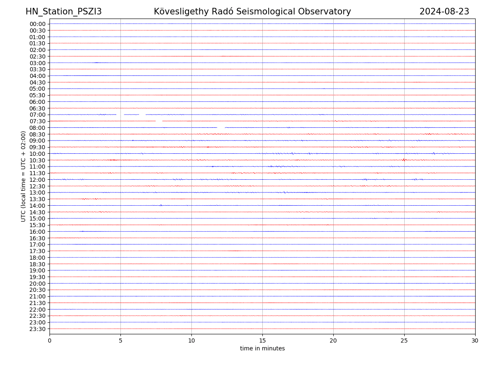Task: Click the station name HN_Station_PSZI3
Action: (x=64, y=12)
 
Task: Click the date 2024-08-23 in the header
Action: (x=444, y=12)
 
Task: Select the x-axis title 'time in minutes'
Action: (x=262, y=349)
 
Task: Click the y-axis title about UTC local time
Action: (x=24, y=176)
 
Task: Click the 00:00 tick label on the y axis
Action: (x=37, y=24)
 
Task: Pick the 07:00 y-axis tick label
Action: (x=37, y=115)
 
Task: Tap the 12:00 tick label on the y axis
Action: (x=37, y=180)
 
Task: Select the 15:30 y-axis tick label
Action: (x=37, y=225)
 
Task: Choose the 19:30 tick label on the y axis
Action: (x=37, y=277)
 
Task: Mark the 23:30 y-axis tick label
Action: (x=37, y=329)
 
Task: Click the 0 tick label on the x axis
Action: (x=49, y=340)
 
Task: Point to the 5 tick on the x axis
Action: (x=120, y=340)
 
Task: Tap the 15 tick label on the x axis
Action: (x=262, y=340)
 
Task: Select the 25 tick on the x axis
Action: (x=404, y=340)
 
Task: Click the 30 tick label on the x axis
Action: (x=475, y=340)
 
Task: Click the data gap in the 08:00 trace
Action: (x=221, y=127)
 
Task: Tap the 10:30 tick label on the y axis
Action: (x=37, y=160)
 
